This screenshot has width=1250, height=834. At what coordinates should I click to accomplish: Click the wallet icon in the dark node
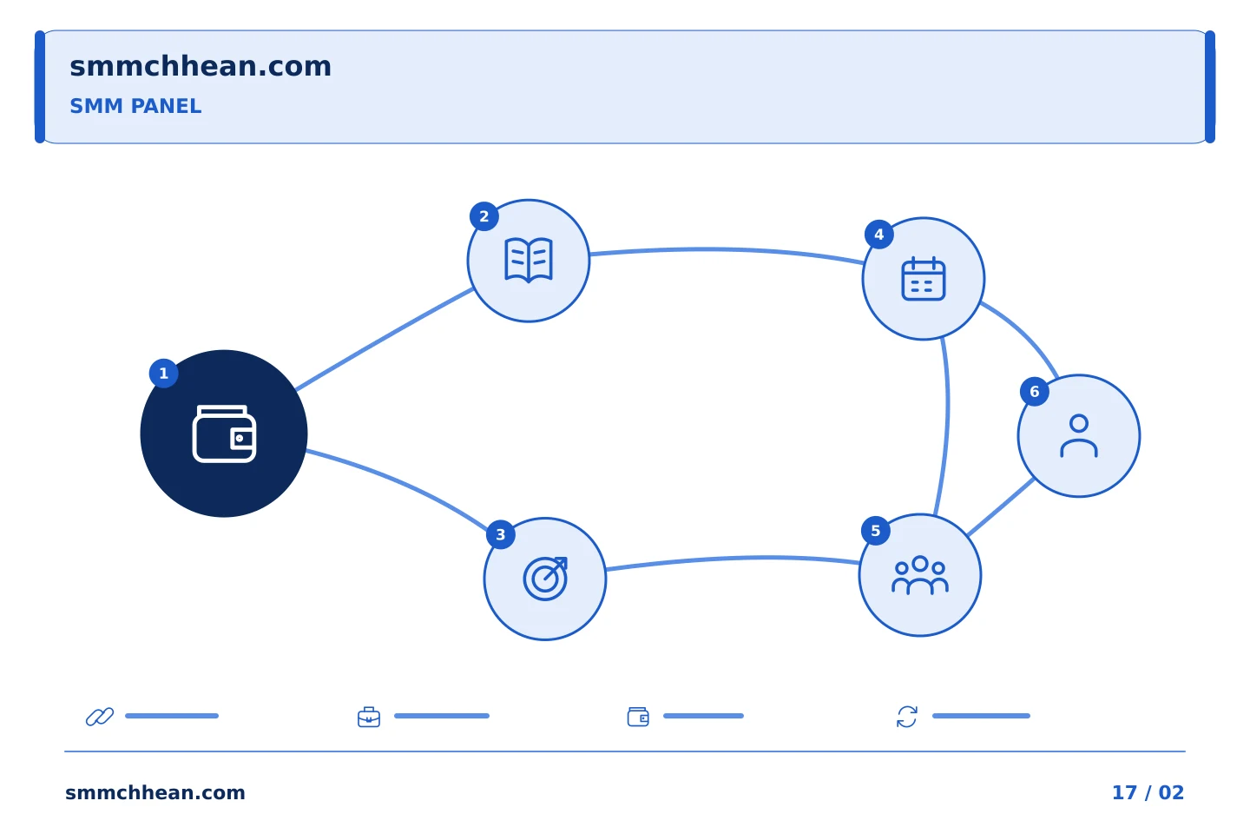224,434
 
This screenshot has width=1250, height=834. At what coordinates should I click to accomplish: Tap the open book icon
528,261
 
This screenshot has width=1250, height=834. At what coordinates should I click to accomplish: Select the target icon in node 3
545,579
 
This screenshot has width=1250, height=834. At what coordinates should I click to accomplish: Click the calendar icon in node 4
923,279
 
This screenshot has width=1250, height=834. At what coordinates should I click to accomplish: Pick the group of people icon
919,575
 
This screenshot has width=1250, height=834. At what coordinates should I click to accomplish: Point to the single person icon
1079,436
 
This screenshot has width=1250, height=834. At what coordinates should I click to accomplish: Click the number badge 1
163,374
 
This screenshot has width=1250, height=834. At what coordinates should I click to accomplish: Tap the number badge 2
484,216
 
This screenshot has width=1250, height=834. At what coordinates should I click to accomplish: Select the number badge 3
501,534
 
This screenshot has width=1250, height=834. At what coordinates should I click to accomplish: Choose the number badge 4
878,234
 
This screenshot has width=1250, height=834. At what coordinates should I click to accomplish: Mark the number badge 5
876,531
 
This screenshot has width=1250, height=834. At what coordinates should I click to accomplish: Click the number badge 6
1034,392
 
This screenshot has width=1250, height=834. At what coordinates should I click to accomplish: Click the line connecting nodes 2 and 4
726,249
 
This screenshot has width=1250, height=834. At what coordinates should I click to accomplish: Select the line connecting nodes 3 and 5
737,558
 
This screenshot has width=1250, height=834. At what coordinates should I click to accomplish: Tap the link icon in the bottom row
100,716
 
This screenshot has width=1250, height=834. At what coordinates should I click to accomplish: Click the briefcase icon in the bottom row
369,717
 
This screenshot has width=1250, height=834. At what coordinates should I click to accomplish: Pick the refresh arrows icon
907,717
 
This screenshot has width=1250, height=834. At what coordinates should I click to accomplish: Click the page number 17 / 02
1148,792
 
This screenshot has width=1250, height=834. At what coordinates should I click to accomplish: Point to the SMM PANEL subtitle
135,106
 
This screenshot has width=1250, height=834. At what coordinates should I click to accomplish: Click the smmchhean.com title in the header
201,66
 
